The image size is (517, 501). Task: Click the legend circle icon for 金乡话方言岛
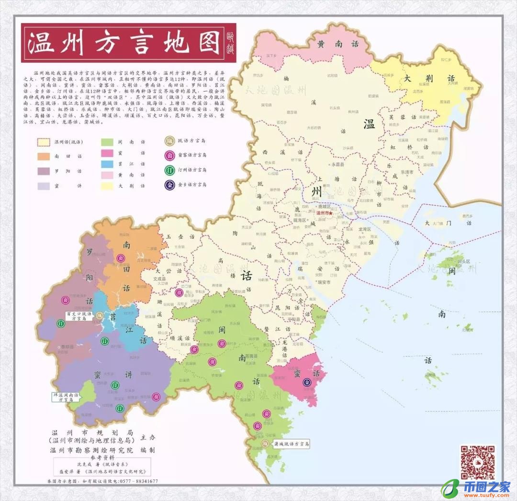(x=170, y=184)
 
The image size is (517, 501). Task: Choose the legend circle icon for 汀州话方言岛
(x=170, y=170)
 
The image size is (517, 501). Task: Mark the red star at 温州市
(x=330, y=213)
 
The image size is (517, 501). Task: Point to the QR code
(x=477, y=462)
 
